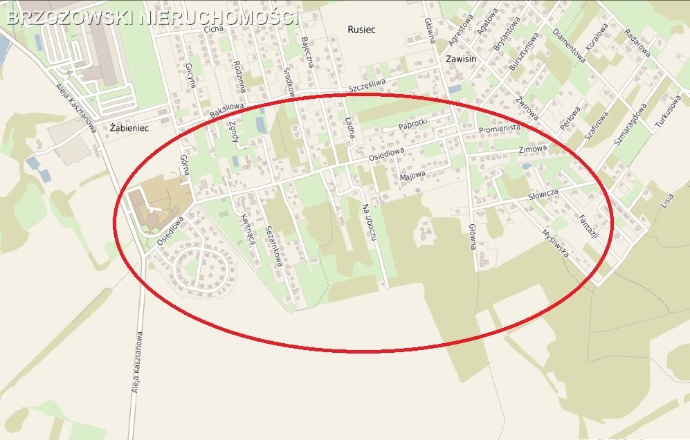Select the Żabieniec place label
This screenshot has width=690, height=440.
(x=129, y=128)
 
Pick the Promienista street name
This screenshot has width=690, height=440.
(x=499, y=129)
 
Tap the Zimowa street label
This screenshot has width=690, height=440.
(x=532, y=149)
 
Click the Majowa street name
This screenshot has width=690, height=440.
(x=413, y=177)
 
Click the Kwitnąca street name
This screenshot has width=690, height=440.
(x=247, y=229)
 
